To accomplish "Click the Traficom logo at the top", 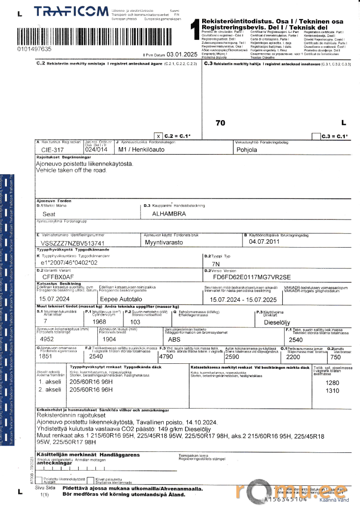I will [x=72, y=11].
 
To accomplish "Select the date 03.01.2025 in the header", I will [x=181, y=55].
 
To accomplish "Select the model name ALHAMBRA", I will [x=169, y=214].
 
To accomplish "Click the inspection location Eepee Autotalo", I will [x=121, y=299].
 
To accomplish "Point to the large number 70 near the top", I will [x=221, y=123].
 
